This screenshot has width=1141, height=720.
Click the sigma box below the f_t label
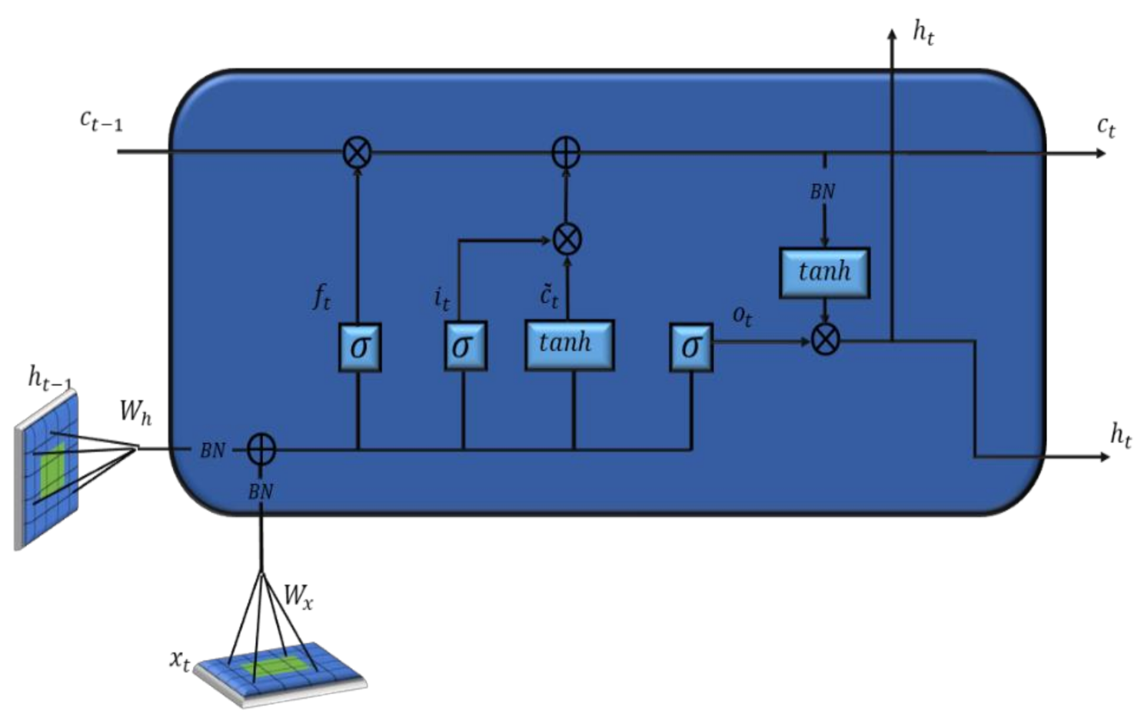click(360, 347)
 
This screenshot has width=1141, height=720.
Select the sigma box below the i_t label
click(464, 346)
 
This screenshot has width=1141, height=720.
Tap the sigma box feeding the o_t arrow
click(690, 347)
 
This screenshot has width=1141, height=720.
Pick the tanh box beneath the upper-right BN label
click(824, 272)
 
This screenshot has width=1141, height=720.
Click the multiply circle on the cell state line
click(357, 152)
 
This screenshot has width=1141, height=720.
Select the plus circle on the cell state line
click(567, 152)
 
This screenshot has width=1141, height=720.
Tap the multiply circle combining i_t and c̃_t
click(567, 239)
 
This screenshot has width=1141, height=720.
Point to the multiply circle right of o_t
click(825, 339)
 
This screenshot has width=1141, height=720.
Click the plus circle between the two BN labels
click(261, 448)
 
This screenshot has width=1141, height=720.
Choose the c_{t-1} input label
click(101, 120)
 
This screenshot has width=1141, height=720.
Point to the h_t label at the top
click(923, 32)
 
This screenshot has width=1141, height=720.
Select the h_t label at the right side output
click(1120, 435)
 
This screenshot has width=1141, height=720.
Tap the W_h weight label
click(135, 412)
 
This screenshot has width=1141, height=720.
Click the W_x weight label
click(298, 595)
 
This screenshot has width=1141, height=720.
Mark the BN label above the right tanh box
click(822, 192)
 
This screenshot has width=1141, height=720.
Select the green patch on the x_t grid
click(272, 667)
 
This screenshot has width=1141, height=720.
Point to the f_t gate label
click(321, 296)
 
